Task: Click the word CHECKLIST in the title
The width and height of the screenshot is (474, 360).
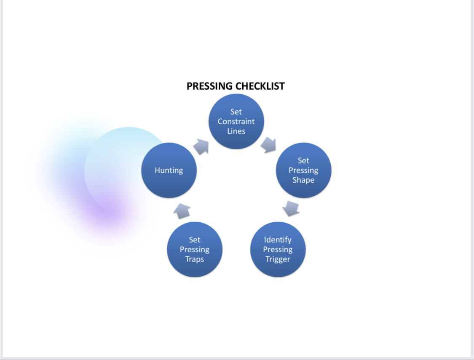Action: pos(260,86)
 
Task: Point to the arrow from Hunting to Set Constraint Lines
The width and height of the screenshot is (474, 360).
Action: pos(201,147)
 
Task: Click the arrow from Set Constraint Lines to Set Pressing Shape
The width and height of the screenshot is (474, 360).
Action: pos(268,145)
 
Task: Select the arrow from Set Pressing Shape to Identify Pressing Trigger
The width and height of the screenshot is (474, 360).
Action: pos(291,208)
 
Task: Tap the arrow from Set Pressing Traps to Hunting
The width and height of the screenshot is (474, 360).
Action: pos(182,211)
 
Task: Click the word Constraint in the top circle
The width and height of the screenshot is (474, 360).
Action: pos(236,121)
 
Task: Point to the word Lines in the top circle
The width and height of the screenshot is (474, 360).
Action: pos(236,131)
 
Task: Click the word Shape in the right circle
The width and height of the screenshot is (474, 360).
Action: pos(303,180)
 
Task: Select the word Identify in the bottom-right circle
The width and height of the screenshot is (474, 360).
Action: pos(278,240)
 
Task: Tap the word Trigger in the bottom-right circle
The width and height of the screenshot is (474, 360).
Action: pos(278,259)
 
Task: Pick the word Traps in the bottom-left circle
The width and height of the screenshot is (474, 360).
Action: pos(195,259)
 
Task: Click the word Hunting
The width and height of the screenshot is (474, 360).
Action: pos(169,170)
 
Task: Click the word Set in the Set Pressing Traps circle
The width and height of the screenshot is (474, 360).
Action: pos(195,240)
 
